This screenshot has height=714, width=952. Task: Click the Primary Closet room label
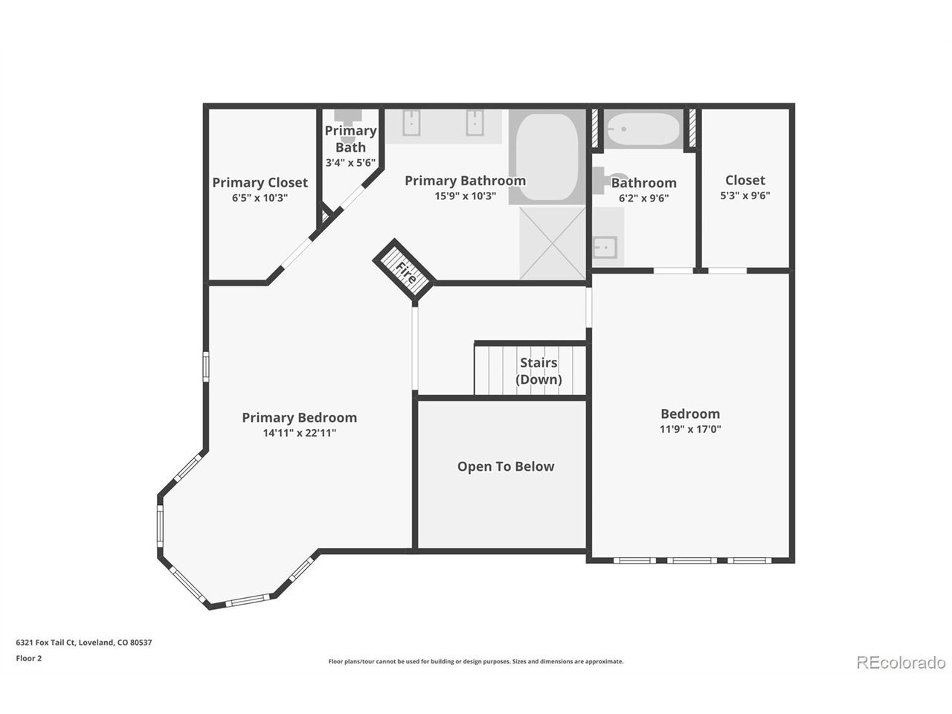pos(260,182)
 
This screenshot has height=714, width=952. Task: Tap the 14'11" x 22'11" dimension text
pos(299,433)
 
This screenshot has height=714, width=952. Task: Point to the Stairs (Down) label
pos(538,370)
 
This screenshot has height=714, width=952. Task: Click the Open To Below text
pos(506,466)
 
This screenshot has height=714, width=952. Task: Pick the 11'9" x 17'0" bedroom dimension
pos(690,428)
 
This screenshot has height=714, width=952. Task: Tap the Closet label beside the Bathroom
pos(745,180)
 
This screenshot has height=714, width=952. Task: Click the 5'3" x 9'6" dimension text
pos(745,195)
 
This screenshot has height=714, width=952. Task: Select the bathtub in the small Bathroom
pos(643,129)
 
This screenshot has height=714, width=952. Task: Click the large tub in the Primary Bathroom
pos(547,157)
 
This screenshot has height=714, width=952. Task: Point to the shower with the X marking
pos(553,242)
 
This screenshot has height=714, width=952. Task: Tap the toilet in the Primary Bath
pos(347,123)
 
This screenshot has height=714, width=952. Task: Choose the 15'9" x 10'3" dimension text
pos(465,196)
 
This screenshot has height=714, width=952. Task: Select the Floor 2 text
pos(28,658)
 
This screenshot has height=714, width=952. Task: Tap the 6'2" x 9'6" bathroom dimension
pos(643,198)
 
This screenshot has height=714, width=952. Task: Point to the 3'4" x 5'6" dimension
pos(350,163)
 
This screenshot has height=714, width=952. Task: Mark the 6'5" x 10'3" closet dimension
pos(260,198)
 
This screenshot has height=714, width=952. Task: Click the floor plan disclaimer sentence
pos(476,661)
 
